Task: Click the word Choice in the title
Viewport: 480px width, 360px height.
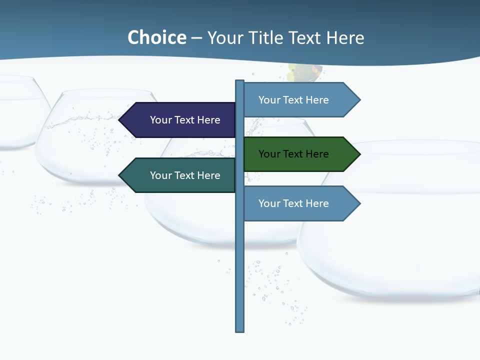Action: click(x=156, y=37)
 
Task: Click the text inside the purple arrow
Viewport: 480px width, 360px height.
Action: click(x=185, y=120)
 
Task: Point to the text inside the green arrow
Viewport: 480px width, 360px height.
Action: click(x=293, y=154)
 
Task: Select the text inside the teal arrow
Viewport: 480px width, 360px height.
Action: click(x=185, y=175)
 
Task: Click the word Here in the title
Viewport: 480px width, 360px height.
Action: click(x=345, y=37)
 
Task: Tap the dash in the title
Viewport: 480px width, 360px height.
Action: click(x=196, y=38)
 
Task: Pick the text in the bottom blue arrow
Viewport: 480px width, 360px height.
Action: click(x=293, y=203)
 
